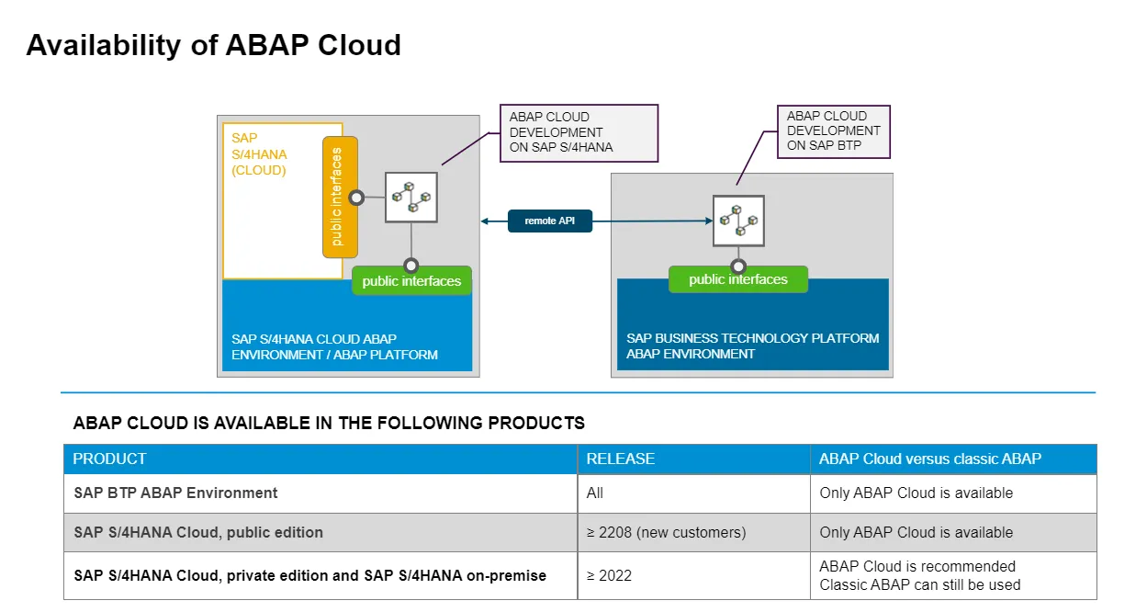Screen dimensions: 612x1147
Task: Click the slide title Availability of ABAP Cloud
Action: pos(213,45)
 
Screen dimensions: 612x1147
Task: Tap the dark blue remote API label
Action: pos(549,221)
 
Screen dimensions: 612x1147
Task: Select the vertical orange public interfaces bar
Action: pos(340,197)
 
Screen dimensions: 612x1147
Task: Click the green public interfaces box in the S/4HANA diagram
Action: pos(411,281)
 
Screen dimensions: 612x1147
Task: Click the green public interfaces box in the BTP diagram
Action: pos(737,279)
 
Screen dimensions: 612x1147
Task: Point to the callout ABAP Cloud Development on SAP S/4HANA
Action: pos(578,132)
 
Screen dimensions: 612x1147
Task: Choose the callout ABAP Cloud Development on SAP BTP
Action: pos(833,130)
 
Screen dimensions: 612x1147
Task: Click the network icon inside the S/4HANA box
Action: pos(410,197)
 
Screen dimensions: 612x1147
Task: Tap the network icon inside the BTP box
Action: pos(739,221)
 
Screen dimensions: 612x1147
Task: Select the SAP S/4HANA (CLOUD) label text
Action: pos(259,153)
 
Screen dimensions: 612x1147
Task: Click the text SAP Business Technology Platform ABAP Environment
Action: pos(752,346)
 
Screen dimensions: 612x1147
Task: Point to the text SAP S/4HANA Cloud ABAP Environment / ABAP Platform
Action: pos(334,346)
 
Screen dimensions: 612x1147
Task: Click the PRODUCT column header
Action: pos(109,459)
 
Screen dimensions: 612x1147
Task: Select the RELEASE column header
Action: pos(620,459)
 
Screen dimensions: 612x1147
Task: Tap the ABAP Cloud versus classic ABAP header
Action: pos(929,459)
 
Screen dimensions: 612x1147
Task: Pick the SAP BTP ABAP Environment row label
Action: pos(175,493)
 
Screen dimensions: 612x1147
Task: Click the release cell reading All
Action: pos(595,493)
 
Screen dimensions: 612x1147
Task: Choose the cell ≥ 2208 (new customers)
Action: pos(666,532)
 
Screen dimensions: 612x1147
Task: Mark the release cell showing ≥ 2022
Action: pos(609,575)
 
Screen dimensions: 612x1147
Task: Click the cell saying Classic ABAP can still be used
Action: pos(919,584)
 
